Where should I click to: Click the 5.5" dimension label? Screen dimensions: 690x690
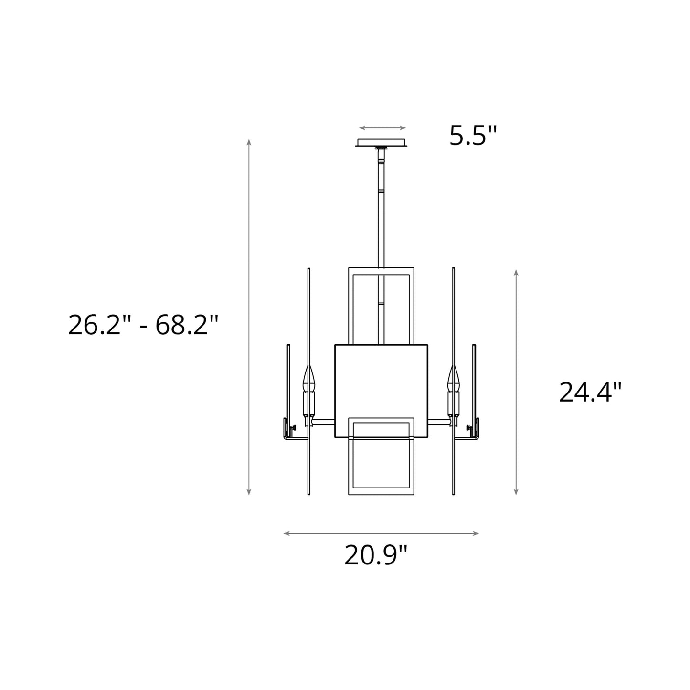[x=473, y=136]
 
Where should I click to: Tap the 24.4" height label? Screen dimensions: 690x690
[x=590, y=393]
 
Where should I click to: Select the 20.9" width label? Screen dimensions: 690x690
[x=376, y=555]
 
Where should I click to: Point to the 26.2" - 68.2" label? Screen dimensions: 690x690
[x=143, y=326]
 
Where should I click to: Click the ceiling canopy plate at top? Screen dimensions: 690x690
[x=382, y=143]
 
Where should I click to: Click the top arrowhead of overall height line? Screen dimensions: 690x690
[x=249, y=141]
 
